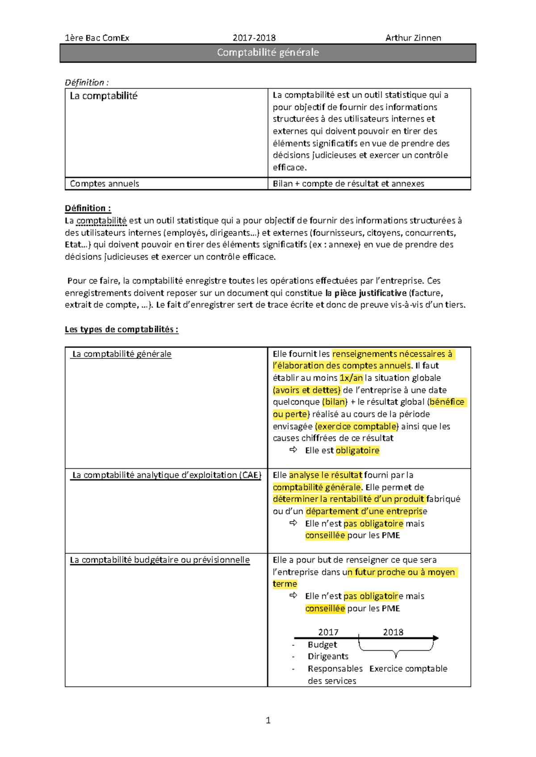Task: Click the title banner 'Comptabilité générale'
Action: tap(268, 53)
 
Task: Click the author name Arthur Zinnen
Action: tap(413, 38)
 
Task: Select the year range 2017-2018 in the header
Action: tap(254, 38)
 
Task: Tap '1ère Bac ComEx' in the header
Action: tap(97, 38)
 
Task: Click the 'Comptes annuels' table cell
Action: tap(105, 183)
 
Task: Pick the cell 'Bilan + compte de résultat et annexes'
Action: tap(348, 183)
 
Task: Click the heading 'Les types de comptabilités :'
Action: tap(121, 329)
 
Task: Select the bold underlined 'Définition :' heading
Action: tap(88, 208)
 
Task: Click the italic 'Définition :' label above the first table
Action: tap(87, 83)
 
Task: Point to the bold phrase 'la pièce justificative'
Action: tap(366, 293)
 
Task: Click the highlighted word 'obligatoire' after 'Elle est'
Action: tap(357, 450)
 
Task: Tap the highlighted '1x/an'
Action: tap(351, 378)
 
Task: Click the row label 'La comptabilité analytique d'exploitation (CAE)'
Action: tap(167, 475)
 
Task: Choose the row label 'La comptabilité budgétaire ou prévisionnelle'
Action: tap(160, 560)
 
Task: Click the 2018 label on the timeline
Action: tap(393, 632)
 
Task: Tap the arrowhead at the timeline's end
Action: tap(436, 638)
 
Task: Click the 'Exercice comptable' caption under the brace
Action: tap(408, 669)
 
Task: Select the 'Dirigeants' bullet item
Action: tap(328, 656)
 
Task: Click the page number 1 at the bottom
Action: tap(268, 720)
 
